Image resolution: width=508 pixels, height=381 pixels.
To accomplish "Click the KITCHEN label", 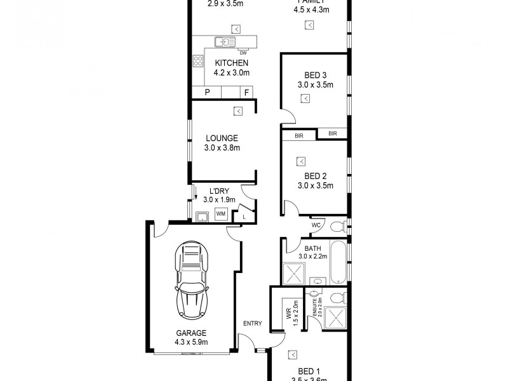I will pyautogui.click(x=231, y=63).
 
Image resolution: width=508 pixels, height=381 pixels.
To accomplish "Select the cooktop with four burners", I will pyautogui.click(x=198, y=62).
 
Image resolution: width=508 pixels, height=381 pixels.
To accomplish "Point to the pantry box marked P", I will pyautogui.click(x=206, y=93).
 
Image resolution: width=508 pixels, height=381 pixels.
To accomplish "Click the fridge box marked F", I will pyautogui.click(x=246, y=93).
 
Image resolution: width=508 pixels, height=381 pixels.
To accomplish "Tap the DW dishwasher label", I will pyautogui.click(x=243, y=53).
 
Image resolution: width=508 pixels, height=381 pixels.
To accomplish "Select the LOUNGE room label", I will pyautogui.click(x=222, y=138).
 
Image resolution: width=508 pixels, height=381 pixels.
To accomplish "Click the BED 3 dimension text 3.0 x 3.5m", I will pyautogui.click(x=316, y=84).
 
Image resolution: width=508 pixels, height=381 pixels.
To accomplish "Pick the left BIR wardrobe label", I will pyautogui.click(x=298, y=135).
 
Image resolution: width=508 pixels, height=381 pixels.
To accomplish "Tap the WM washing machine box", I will pyautogui.click(x=222, y=215).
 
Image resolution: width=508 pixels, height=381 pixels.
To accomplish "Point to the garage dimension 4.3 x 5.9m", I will pyautogui.click(x=191, y=342).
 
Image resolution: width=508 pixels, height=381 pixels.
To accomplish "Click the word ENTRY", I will pyautogui.click(x=252, y=323).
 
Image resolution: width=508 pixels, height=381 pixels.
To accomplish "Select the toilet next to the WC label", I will pyautogui.click(x=337, y=225).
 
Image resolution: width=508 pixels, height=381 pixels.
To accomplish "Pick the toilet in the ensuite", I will pyautogui.click(x=337, y=297).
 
